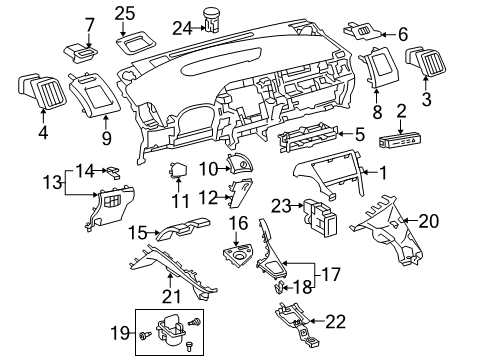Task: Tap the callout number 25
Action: click(x=123, y=13)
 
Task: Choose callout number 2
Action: click(x=402, y=111)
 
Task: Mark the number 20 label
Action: click(x=428, y=221)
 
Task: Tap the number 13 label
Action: click(x=51, y=181)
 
